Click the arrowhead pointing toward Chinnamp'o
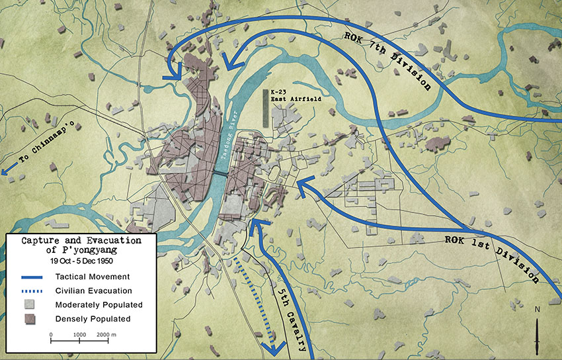(5, 172)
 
